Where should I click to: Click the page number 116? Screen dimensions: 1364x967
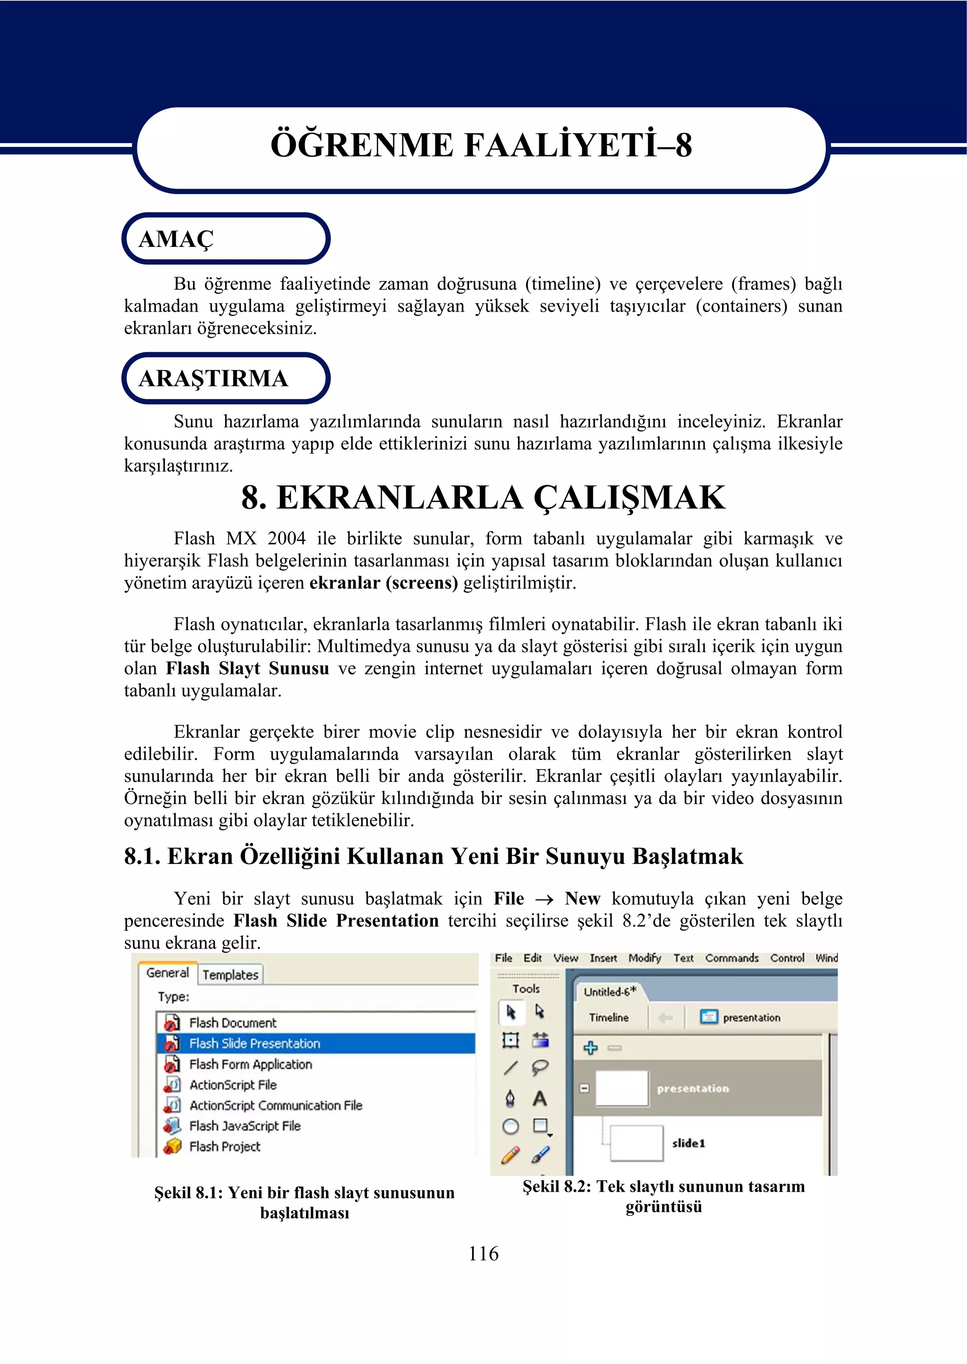coord(483,1253)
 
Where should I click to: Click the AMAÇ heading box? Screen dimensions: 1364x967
coord(226,239)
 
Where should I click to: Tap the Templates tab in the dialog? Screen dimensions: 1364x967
coord(230,974)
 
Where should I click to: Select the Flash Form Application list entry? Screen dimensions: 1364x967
coord(250,1064)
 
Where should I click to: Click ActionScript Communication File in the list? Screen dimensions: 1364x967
coord(275,1105)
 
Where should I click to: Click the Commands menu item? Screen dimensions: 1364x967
coord(731,958)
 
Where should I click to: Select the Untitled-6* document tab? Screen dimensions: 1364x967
coord(610,992)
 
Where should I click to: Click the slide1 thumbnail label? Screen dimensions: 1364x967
coord(688,1143)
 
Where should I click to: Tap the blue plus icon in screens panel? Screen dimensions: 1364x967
coord(590,1048)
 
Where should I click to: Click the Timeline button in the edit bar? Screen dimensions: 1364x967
coord(609,1017)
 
